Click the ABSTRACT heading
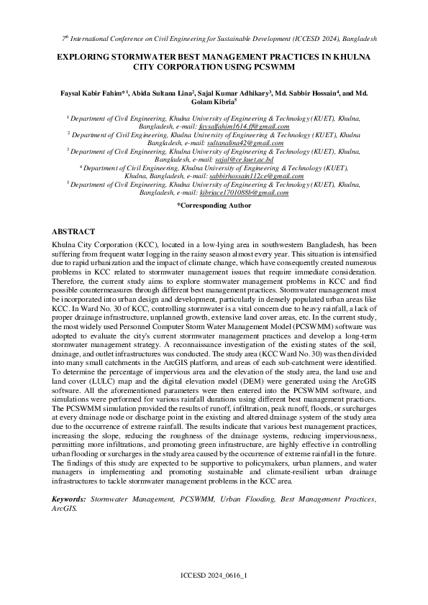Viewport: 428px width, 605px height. tap(73, 232)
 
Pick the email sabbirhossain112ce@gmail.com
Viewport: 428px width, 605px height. tap(252, 176)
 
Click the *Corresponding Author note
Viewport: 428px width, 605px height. tap(214, 205)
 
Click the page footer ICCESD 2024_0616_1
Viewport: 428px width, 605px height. tap(214, 576)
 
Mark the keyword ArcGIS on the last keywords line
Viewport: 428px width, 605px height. tap(64, 507)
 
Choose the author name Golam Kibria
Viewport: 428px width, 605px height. tap(210, 103)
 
